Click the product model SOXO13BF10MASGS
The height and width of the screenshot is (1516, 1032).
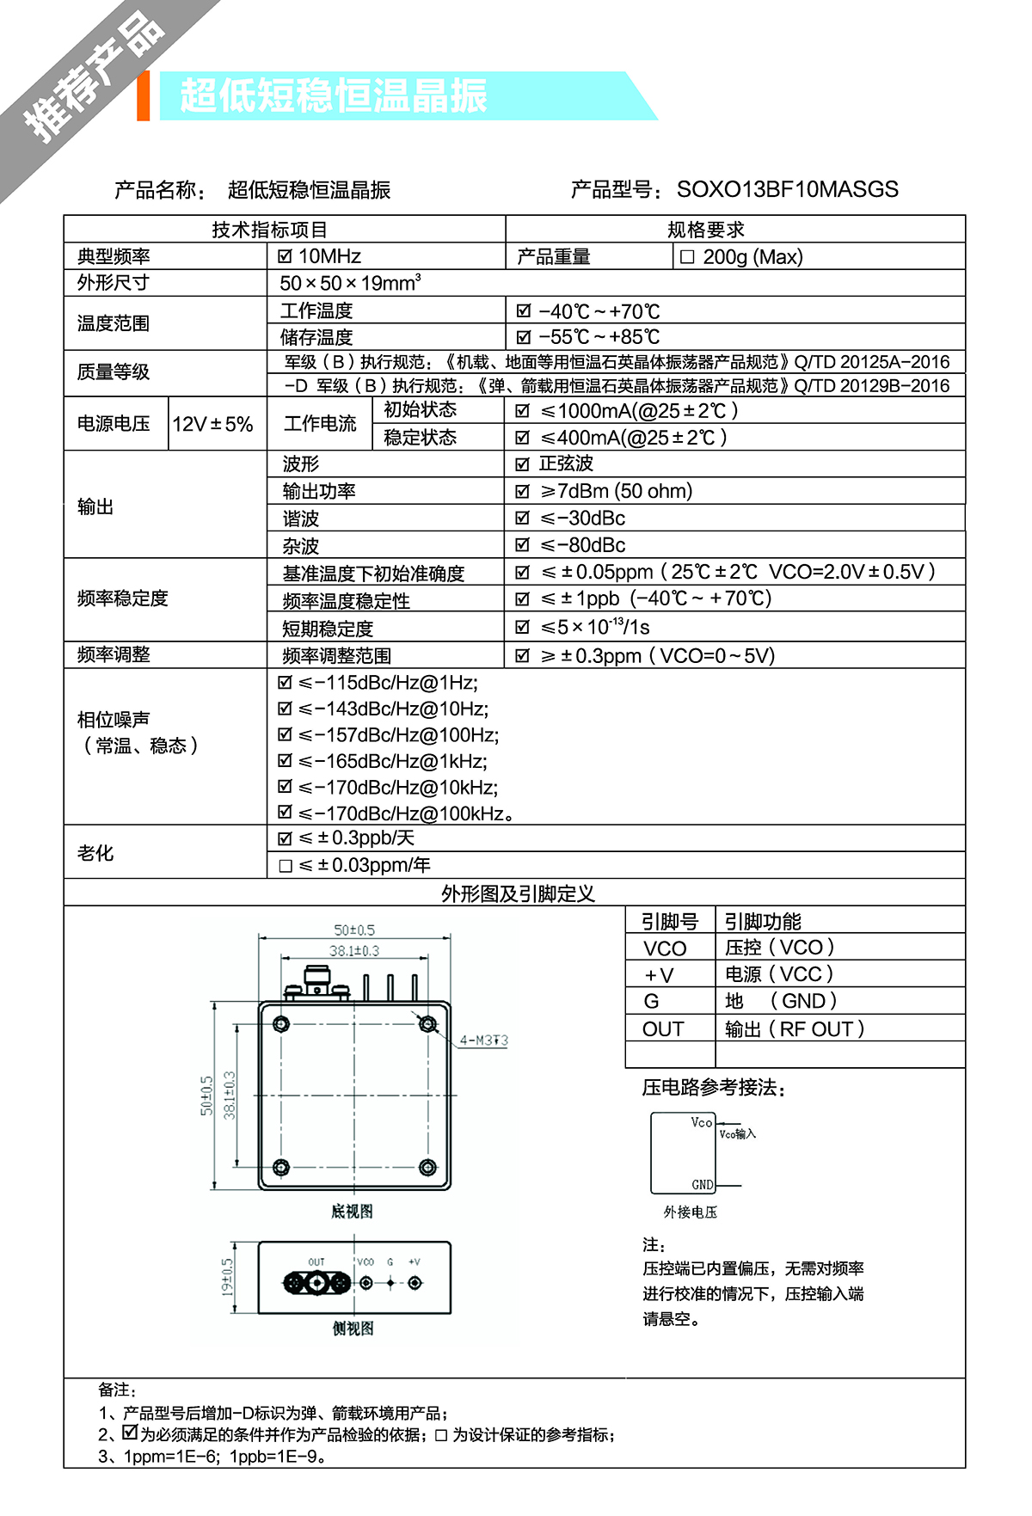pos(787,189)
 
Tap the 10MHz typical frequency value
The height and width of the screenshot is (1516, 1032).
pos(329,256)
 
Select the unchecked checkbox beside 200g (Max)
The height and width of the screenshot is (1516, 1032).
pos(687,257)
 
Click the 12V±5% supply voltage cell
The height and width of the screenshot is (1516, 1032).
pos(212,424)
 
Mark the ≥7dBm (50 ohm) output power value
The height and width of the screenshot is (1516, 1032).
pos(615,491)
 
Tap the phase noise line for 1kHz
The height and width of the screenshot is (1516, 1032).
pos(392,761)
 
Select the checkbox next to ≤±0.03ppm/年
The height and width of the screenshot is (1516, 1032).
pos(286,866)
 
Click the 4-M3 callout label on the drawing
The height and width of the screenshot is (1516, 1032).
pos(483,1040)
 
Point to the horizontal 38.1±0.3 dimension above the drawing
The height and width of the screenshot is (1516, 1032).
pos(354,951)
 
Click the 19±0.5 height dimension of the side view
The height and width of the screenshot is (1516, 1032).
pos(227,1277)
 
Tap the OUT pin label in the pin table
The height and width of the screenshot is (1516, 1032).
pos(663,1029)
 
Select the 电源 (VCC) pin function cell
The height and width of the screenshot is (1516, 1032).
pos(779,974)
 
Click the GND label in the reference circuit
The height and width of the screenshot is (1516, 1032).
pos(703,1185)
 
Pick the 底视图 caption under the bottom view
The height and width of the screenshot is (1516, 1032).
pos(353,1212)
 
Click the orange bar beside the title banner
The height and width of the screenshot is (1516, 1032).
pos(143,95)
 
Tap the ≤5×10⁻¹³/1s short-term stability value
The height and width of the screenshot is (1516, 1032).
pos(594,628)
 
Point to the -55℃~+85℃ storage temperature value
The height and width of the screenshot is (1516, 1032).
pos(599,337)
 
